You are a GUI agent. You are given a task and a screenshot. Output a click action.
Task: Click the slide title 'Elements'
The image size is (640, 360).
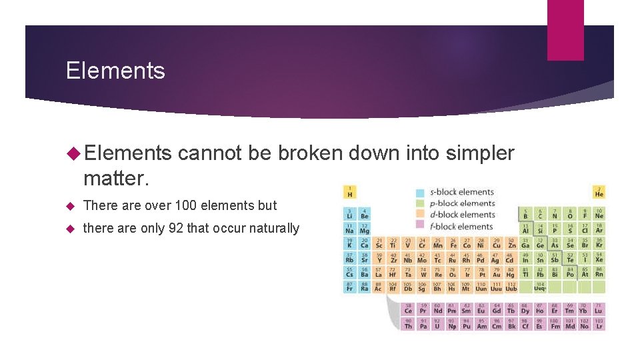115,71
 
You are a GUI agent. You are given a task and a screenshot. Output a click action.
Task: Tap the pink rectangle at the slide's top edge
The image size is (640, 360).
565,30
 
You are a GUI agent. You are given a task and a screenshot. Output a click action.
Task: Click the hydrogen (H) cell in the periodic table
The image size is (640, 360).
350,192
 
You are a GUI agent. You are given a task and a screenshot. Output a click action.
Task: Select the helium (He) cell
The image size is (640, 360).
599,192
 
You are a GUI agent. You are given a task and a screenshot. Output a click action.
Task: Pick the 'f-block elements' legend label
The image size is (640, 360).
461,227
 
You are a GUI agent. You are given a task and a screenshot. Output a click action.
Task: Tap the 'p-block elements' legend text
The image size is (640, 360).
462,204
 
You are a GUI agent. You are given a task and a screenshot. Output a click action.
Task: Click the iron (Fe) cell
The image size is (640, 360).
452,243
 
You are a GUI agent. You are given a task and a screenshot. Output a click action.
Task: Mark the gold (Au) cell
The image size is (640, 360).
496,272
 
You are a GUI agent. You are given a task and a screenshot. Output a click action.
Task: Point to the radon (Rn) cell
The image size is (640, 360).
599,272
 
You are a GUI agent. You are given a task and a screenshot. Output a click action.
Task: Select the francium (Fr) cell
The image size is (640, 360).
350,287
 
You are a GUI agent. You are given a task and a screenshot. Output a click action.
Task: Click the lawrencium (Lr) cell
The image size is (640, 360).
599,325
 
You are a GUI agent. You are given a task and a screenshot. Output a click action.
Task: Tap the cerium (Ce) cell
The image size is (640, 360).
408,309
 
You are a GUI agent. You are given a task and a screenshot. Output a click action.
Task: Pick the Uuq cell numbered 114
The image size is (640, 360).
540,287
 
